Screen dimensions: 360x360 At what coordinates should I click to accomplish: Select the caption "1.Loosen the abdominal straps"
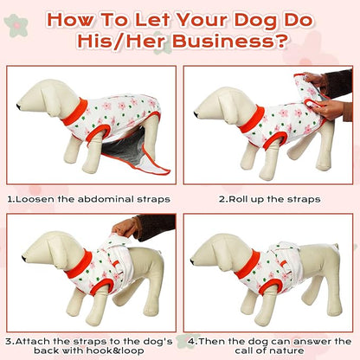pyautogui.click(x=89, y=198)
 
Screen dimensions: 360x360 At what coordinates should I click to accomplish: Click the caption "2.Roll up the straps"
pyautogui.click(x=269, y=198)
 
